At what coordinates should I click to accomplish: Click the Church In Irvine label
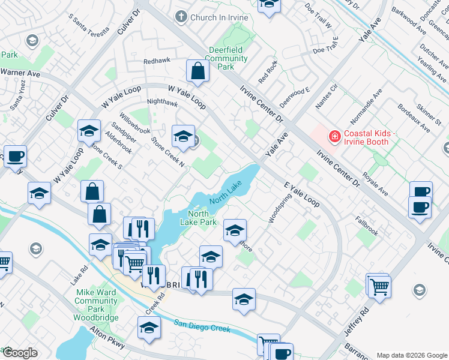coord(218,17)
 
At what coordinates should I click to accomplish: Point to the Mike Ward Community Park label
coord(96,305)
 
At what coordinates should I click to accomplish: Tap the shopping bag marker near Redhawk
coord(197,71)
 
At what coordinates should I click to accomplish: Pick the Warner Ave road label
coord(20,73)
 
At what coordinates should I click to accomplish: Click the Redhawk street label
coord(157,61)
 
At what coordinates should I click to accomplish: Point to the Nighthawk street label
coord(162,103)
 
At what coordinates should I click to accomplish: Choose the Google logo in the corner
coord(20,353)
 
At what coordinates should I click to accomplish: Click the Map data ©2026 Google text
coord(411,355)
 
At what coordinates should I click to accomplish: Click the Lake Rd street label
coord(77,275)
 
